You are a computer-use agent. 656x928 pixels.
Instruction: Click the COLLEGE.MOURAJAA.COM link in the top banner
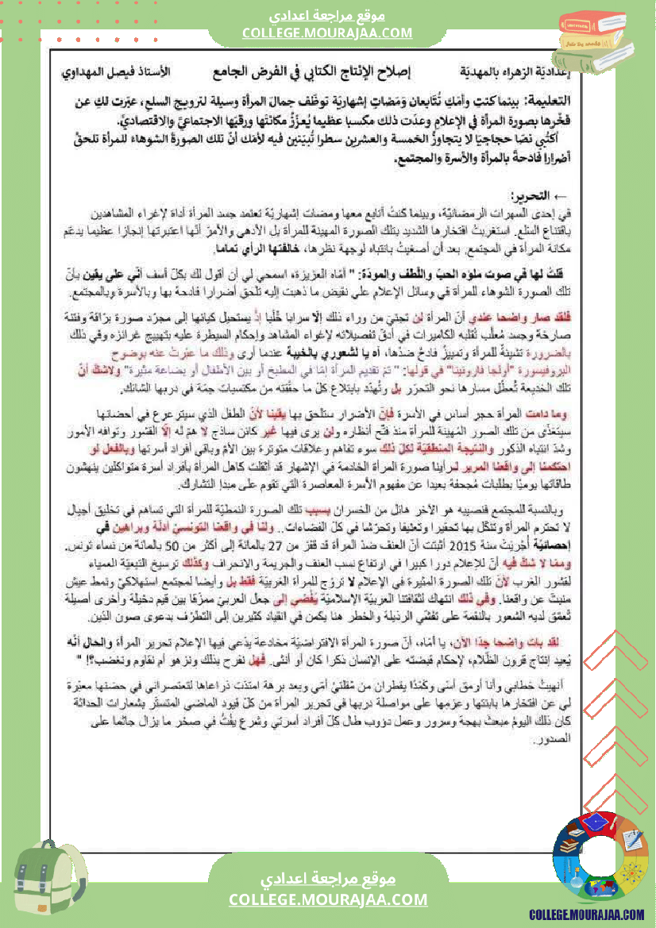pyautogui.click(x=328, y=33)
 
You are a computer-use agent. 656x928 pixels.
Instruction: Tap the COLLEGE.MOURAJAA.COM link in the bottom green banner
pyautogui.click(x=328, y=899)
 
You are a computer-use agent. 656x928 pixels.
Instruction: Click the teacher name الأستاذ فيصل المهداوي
pyautogui.click(x=115, y=72)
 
